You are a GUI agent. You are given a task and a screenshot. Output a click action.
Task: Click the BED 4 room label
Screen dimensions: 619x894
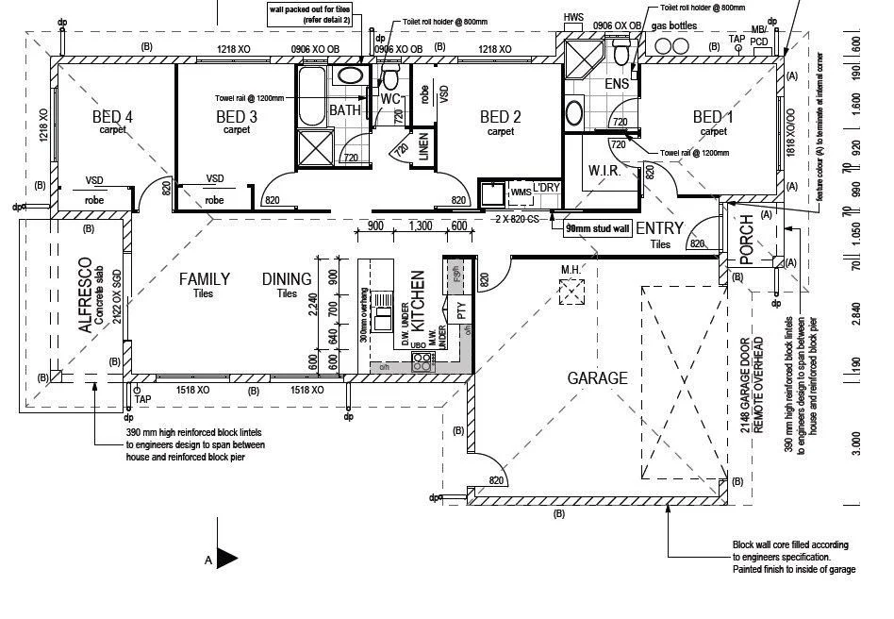(x=112, y=117)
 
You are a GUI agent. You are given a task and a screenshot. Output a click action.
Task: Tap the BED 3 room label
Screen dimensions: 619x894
(x=237, y=117)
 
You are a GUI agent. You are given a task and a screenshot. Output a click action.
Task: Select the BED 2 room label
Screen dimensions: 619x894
(x=501, y=117)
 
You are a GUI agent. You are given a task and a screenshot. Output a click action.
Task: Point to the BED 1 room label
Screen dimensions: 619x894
(x=713, y=117)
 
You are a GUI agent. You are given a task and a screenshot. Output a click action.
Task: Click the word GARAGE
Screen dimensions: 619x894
(x=597, y=378)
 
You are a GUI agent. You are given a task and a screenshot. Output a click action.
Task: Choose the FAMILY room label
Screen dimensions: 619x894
(x=205, y=279)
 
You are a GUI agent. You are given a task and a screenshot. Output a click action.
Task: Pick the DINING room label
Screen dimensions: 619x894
(x=287, y=279)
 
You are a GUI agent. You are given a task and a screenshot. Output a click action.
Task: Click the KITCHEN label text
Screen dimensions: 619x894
(x=419, y=300)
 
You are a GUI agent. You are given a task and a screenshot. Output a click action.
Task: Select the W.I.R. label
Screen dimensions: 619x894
(x=604, y=171)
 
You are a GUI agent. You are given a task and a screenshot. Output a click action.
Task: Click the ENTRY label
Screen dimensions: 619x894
(x=659, y=229)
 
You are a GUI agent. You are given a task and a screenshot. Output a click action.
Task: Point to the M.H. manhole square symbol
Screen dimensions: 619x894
(x=571, y=295)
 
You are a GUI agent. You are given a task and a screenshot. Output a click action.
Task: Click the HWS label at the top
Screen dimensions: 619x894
(x=573, y=18)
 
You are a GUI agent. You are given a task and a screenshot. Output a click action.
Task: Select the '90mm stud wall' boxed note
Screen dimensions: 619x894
(x=595, y=227)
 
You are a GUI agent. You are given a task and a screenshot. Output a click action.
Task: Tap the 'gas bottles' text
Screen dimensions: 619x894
(x=674, y=25)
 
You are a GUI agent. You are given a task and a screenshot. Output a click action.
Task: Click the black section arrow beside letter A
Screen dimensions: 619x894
(x=227, y=559)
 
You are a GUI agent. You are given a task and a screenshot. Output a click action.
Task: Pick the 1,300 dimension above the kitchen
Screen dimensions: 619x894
(x=422, y=226)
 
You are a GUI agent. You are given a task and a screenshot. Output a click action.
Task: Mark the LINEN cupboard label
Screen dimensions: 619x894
(x=423, y=149)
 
